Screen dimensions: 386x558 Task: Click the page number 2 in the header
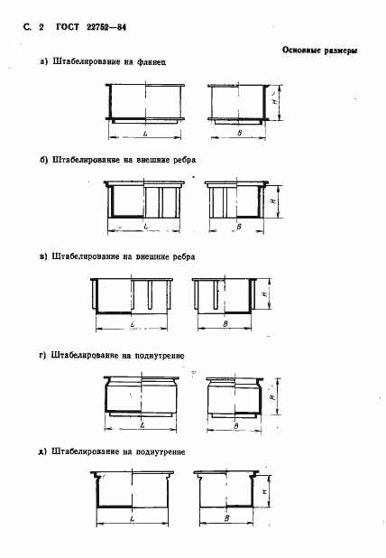[x=41, y=29]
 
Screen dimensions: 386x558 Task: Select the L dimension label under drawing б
[x=145, y=228]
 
